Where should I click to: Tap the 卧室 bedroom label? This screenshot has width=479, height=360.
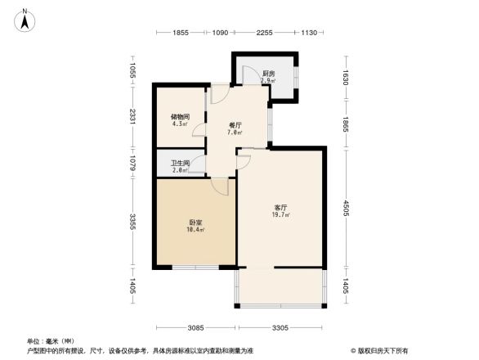click(196, 223)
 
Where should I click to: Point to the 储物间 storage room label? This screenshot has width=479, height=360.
click(181, 117)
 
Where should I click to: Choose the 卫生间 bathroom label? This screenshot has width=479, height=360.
click(180, 163)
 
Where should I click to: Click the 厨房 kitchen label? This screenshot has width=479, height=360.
click(268, 74)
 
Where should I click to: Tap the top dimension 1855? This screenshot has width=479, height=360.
click(181, 33)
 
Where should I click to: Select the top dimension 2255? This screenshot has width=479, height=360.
click(263, 33)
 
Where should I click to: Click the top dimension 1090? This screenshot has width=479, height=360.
click(220, 33)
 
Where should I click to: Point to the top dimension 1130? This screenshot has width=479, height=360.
click(308, 33)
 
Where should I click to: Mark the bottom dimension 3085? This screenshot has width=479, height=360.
click(195, 328)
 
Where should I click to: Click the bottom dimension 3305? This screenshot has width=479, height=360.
click(280, 328)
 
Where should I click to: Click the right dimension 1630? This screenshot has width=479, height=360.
click(346, 78)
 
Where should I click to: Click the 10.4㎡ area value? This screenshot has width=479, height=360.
click(196, 230)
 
